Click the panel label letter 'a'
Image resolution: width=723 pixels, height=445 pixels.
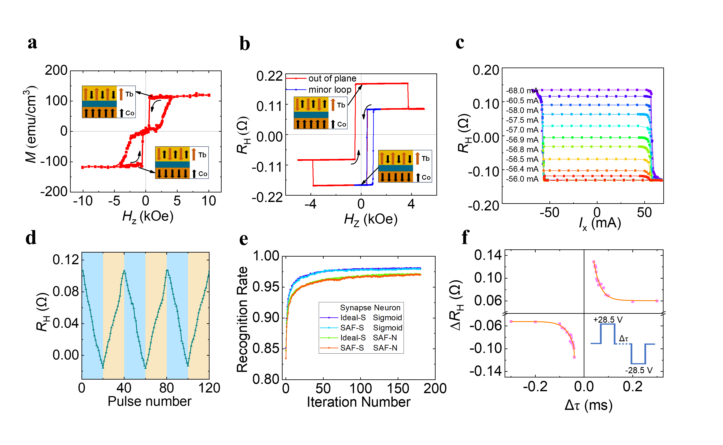pos(32,43)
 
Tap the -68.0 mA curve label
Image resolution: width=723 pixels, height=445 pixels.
pos(522,91)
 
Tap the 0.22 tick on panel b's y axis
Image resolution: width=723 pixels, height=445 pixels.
pos(269,76)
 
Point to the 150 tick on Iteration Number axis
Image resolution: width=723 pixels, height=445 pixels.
pos(398,388)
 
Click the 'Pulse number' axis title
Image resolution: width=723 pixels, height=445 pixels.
pos(149,401)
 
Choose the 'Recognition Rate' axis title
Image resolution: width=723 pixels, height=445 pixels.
pos(242,319)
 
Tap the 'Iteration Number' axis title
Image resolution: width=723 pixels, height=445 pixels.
pos(358,402)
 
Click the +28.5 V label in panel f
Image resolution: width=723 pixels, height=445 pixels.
pos(608,320)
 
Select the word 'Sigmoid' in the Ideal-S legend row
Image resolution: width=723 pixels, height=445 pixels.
pos(387,318)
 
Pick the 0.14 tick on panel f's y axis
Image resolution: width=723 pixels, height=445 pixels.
pos(488,255)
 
